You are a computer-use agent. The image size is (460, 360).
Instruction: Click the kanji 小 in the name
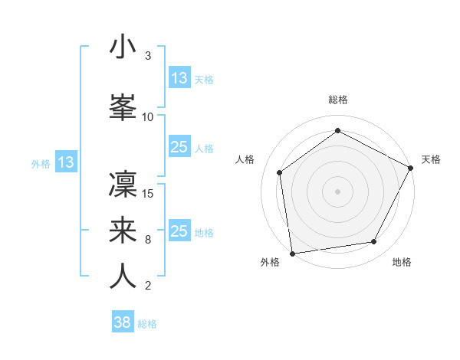point(123,47)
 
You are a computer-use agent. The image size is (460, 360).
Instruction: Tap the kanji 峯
point(123,108)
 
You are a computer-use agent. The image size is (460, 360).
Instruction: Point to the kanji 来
point(123,230)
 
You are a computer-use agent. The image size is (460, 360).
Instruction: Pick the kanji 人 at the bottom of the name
point(123,277)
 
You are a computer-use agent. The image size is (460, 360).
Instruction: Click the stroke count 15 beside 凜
point(149,193)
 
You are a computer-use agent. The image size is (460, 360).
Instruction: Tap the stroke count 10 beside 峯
point(148,116)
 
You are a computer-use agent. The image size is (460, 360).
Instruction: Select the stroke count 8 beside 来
point(147,240)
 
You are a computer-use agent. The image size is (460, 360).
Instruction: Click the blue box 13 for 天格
point(179,78)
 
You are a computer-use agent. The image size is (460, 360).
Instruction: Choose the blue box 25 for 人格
point(179,148)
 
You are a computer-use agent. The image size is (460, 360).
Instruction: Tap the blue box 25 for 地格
point(179,231)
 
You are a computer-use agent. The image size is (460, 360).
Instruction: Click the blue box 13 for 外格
point(65,162)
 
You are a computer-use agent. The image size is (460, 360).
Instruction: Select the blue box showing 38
point(122,322)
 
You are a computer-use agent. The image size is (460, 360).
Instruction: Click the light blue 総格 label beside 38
point(147,324)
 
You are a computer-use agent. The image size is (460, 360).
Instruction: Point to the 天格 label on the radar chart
point(431,159)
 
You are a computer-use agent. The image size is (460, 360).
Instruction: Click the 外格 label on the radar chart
point(269,262)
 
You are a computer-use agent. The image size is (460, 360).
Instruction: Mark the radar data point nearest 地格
point(374,242)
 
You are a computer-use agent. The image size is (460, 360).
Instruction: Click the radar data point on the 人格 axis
point(280,172)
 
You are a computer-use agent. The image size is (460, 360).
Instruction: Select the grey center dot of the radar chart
point(337,191)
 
